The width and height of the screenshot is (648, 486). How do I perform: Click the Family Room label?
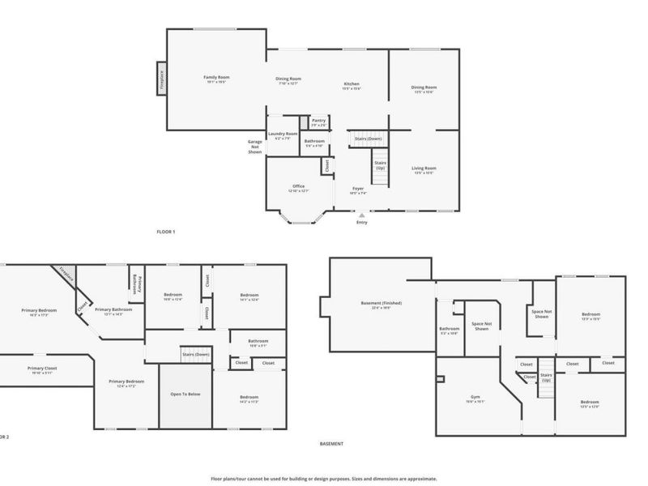click(216, 78)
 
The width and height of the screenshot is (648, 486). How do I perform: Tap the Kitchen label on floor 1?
click(352, 84)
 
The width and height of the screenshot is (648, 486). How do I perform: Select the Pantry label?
click(318, 121)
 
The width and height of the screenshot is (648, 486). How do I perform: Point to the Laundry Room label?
click(283, 134)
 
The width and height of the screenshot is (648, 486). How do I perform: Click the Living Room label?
click(424, 168)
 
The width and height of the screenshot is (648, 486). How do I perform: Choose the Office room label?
click(299, 186)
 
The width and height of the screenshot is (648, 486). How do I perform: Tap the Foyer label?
click(358, 189)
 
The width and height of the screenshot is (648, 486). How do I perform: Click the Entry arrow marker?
click(361, 215)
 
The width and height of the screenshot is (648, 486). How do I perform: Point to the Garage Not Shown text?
click(255, 146)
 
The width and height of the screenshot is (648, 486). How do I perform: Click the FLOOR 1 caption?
click(165, 232)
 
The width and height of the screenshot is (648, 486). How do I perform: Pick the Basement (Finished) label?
click(381, 303)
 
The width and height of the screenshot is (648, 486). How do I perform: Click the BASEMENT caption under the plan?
click(331, 444)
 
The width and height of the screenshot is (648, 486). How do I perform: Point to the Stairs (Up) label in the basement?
click(546, 377)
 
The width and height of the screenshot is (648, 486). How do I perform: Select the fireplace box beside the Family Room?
click(162, 79)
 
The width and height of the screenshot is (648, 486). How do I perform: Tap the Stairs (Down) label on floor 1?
click(368, 139)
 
